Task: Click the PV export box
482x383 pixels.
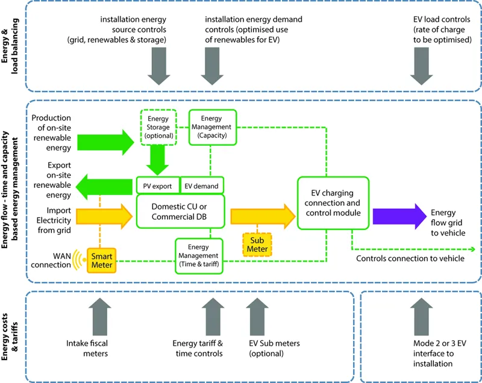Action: (157, 186)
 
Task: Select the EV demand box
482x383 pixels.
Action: (201, 186)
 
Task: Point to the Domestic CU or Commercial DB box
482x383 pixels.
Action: (180, 211)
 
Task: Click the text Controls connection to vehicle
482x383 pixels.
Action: (410, 259)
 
